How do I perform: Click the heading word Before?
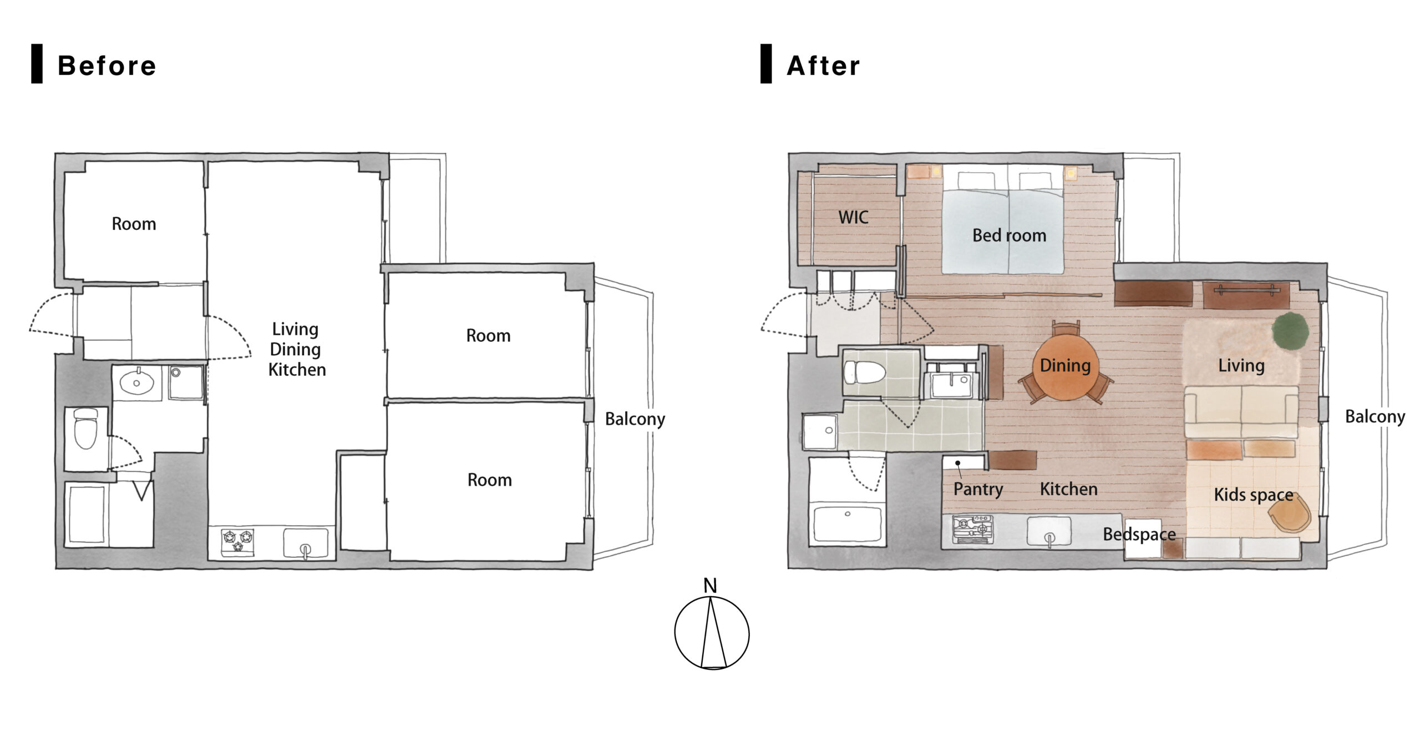107,65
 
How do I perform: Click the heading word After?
823,65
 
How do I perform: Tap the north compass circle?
712,633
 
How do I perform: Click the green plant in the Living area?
1290,331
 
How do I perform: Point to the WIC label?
853,217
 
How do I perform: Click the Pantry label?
978,489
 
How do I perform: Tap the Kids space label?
1254,495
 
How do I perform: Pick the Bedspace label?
1139,534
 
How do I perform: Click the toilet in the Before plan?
85,428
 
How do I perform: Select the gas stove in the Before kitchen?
238,541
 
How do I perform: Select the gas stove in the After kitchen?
972,529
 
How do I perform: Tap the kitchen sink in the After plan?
1049,532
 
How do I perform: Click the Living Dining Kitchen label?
296,349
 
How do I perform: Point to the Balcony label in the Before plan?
635,419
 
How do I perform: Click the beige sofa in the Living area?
1241,412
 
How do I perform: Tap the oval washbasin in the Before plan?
136,382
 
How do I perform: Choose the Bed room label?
1010,235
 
